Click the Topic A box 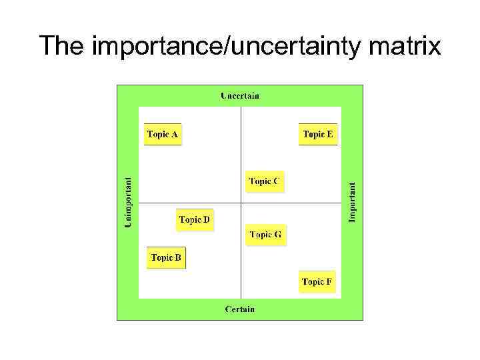click(x=163, y=135)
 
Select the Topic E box click(x=318, y=135)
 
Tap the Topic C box click(x=265, y=181)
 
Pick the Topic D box click(x=195, y=220)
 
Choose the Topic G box click(x=265, y=235)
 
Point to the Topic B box click(x=166, y=258)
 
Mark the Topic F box click(x=317, y=282)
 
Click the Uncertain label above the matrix click(x=240, y=96)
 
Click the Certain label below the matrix click(x=240, y=309)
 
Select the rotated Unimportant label click(x=129, y=201)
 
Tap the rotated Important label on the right click(x=353, y=203)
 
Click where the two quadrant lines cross click(x=241, y=203)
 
